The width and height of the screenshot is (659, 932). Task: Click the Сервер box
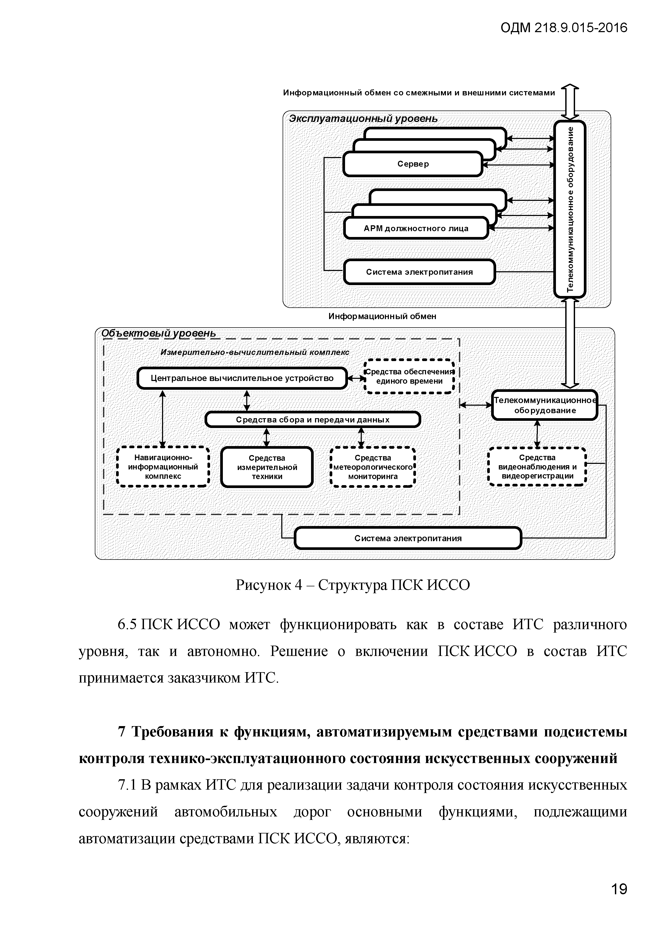click(x=413, y=164)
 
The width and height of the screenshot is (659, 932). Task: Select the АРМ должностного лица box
click(x=415, y=228)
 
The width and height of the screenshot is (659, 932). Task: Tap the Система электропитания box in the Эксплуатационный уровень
click(x=419, y=272)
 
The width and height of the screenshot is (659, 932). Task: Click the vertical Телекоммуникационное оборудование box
click(x=570, y=209)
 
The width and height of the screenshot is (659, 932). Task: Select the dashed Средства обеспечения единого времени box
click(x=409, y=376)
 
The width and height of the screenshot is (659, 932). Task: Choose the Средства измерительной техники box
click(x=267, y=467)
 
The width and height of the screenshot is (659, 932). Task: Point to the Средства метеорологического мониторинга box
click(x=372, y=467)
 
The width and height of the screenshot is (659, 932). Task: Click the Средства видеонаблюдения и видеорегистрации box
click(x=537, y=467)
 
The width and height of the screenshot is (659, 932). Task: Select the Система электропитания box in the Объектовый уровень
click(x=408, y=538)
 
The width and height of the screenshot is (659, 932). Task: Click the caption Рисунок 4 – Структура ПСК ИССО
click(x=353, y=585)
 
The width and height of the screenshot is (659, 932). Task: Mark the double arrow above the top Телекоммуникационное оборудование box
click(x=570, y=102)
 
